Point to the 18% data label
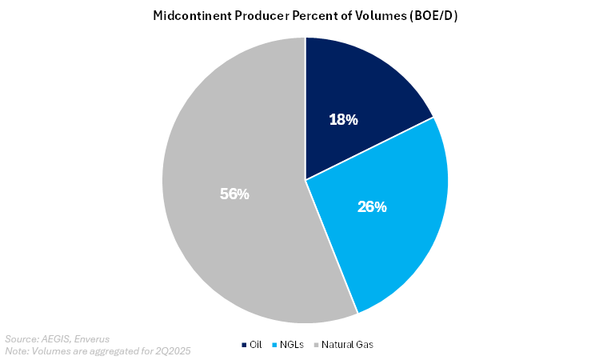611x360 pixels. click(x=344, y=120)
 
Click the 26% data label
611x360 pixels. click(x=372, y=206)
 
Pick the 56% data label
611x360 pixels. click(x=234, y=194)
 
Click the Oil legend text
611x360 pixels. click(x=256, y=345)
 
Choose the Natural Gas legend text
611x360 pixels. click(x=349, y=345)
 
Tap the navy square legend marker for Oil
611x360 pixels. click(x=244, y=345)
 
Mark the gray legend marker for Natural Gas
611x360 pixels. click(x=317, y=345)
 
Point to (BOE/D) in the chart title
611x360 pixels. click(x=433, y=15)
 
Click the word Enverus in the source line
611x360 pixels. click(x=91, y=338)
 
